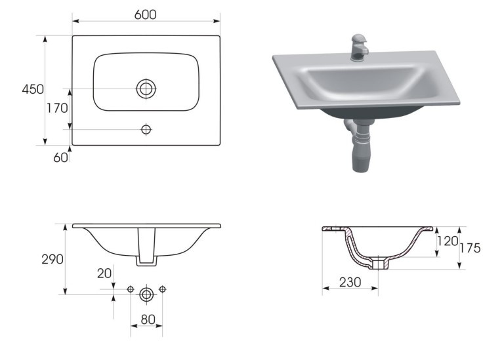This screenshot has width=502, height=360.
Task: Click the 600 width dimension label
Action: pos(145,14)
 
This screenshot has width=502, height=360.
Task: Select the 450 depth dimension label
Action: pos(33,89)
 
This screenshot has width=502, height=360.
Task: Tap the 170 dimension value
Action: pos(57,108)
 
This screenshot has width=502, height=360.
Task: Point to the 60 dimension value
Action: pos(60,157)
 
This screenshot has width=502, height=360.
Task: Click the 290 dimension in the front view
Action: pos(52,259)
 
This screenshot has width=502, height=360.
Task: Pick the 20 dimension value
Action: pos(104,273)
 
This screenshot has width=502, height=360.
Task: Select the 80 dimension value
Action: pos(148,319)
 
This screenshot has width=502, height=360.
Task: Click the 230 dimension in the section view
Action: pos(350,282)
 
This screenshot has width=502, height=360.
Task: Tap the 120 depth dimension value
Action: pos(448,241)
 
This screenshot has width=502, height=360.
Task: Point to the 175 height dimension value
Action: pos(470,248)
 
